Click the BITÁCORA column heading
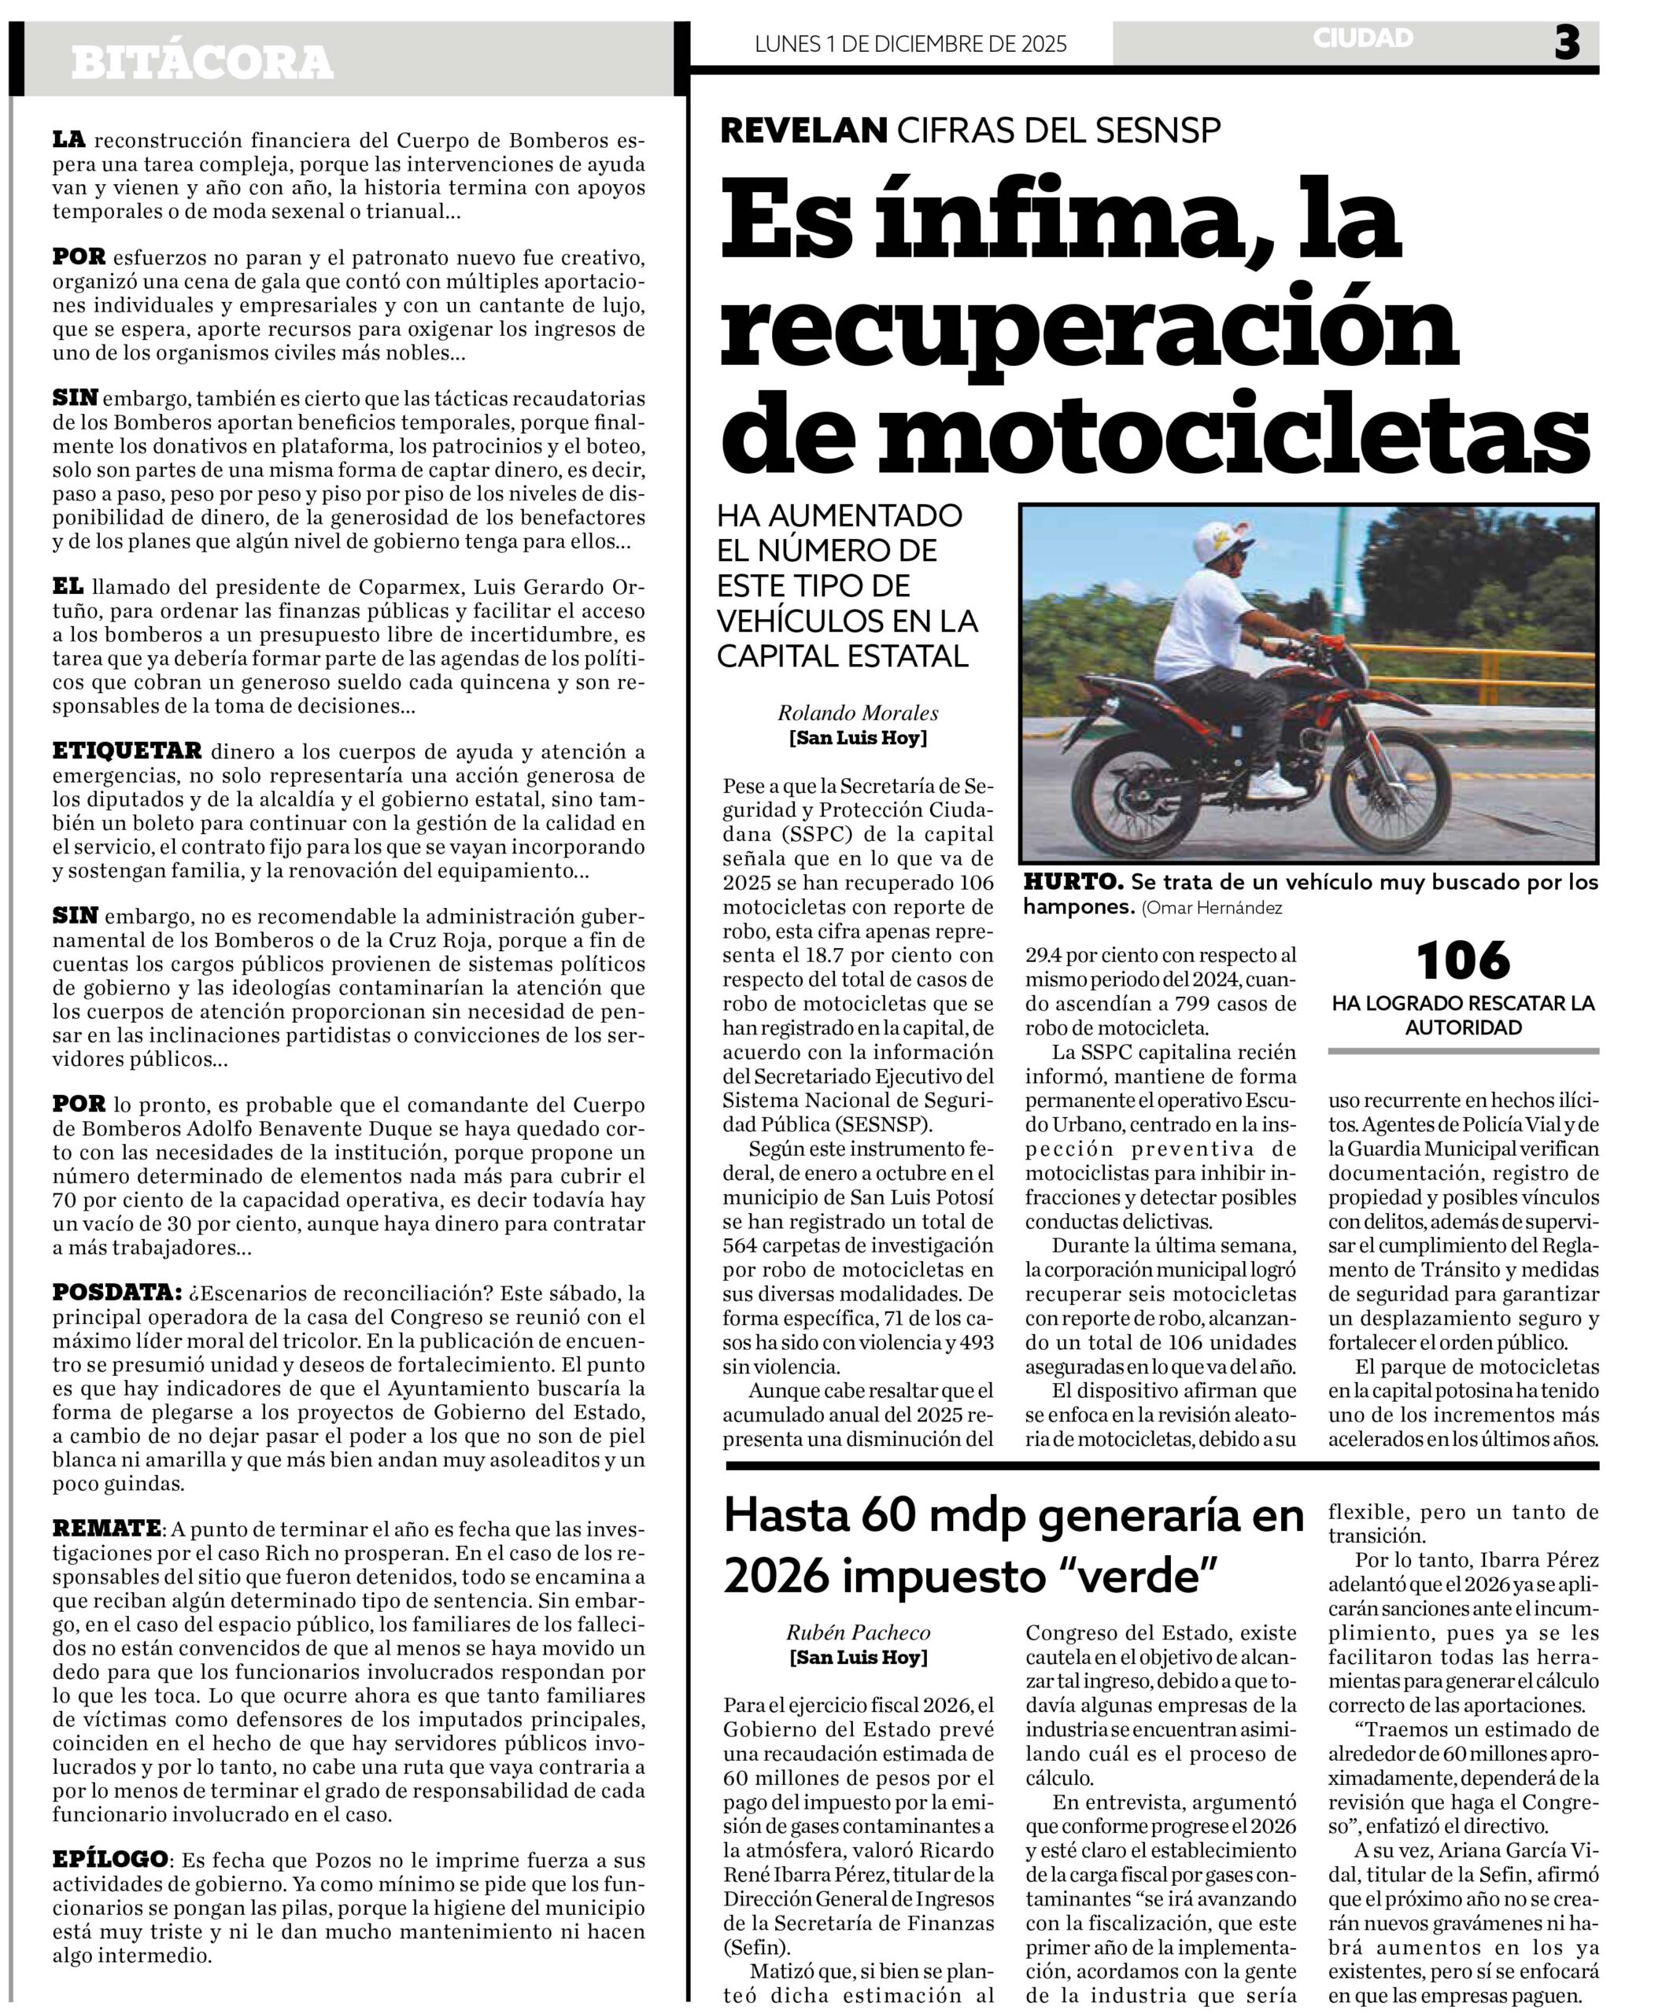202,63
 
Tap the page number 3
1566,42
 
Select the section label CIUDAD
1362,39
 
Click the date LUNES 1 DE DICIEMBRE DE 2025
910,44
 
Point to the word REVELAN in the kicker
803,130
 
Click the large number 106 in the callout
1462,961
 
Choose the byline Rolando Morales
857,713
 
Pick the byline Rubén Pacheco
858,1633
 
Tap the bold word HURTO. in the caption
1073,883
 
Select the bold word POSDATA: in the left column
116,1293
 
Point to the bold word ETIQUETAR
127,751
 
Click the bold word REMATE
106,1529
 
